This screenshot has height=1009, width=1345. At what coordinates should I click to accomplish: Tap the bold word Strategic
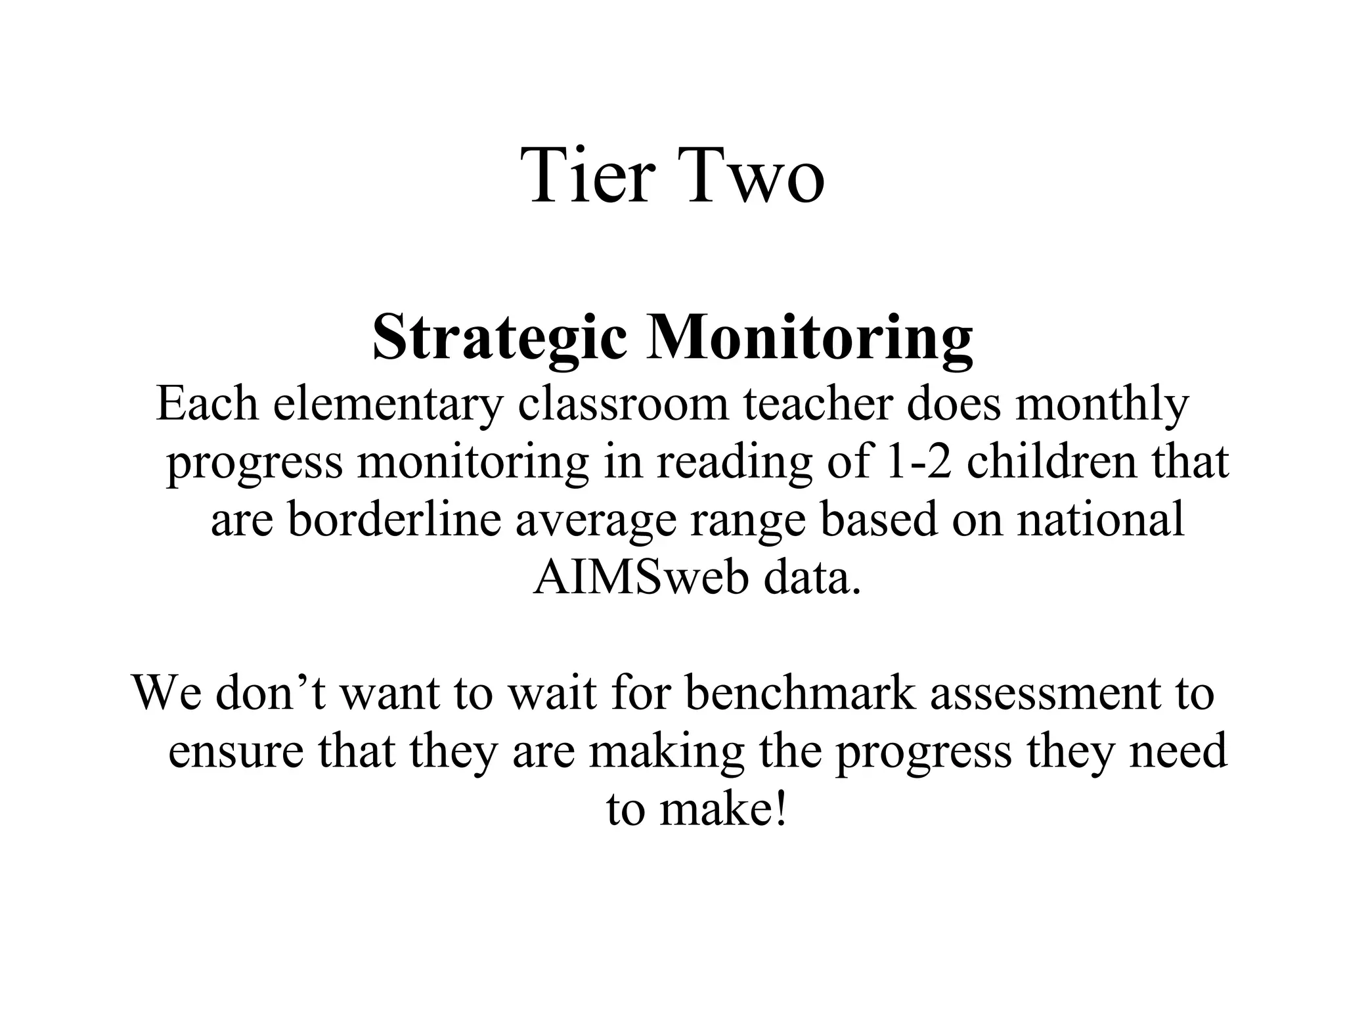tap(500, 338)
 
